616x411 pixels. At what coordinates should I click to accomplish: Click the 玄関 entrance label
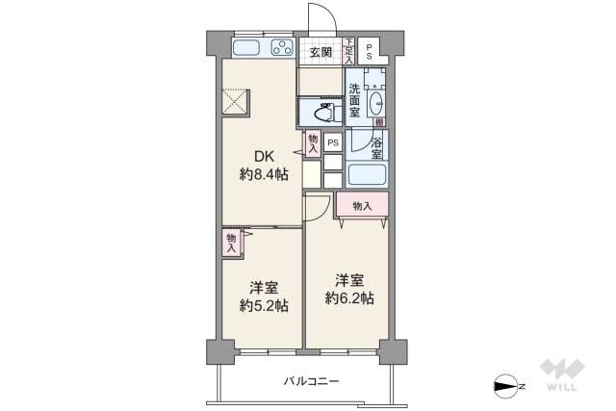320,52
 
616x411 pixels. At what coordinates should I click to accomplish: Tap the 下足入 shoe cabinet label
348,50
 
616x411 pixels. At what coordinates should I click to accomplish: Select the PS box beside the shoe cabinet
369,51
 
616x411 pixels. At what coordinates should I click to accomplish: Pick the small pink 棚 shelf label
380,122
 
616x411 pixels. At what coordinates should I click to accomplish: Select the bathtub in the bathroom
367,175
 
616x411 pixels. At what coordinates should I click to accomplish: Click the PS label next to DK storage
333,142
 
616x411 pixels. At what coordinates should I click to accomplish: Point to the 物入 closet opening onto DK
313,142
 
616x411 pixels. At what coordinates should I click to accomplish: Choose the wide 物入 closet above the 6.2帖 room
362,205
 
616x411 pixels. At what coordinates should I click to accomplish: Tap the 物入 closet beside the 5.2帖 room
231,243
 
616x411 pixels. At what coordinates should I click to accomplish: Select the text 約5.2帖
264,305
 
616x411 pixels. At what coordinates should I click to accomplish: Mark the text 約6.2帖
349,297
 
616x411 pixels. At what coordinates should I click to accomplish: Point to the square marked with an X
236,101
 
